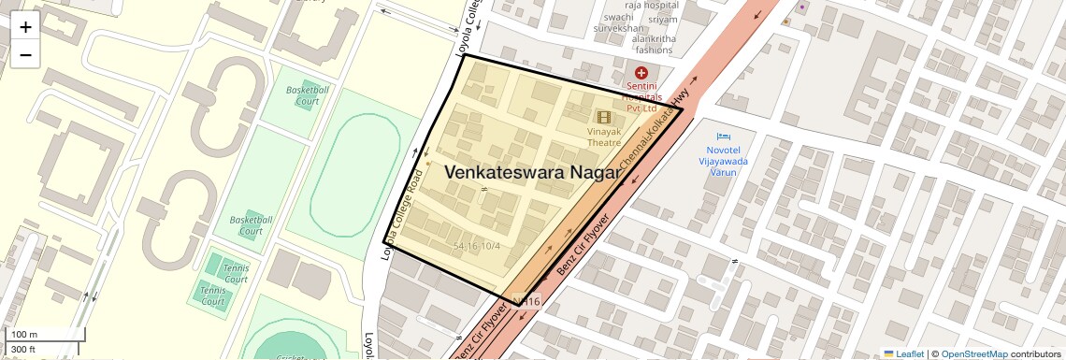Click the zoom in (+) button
[x=25, y=27]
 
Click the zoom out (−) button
[x=25, y=55]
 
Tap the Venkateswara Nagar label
[x=533, y=173]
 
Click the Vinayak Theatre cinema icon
[x=604, y=117]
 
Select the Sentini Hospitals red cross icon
[x=641, y=72]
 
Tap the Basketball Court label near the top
[x=308, y=94]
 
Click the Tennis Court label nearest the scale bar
[x=213, y=295]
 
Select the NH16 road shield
[x=526, y=301]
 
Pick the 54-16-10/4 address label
[x=477, y=246]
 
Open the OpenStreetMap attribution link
[x=974, y=353]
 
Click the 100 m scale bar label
[x=23, y=334]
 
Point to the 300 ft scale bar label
[x=23, y=350]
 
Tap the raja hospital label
[x=653, y=6]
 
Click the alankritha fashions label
[x=653, y=44]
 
